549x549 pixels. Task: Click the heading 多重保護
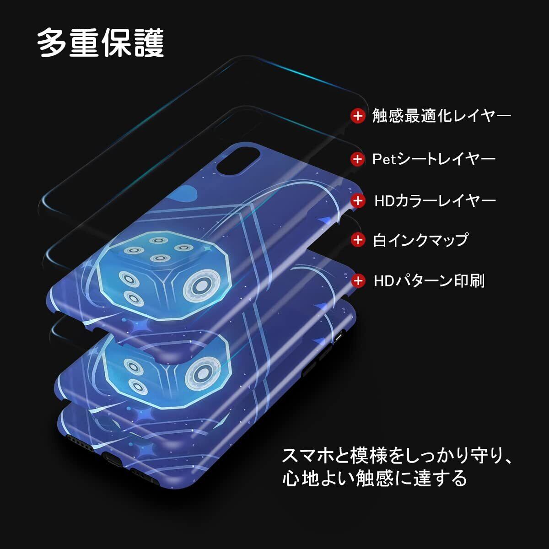(x=100, y=43)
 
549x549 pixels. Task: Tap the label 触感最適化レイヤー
(x=441, y=116)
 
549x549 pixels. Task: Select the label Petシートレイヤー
(x=434, y=159)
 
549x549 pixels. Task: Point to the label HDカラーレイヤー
(x=435, y=200)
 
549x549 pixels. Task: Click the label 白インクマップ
(x=420, y=239)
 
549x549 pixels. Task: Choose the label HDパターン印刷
(x=429, y=280)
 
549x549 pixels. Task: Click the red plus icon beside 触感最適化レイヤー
(x=357, y=116)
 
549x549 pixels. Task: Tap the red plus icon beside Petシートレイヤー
(x=357, y=159)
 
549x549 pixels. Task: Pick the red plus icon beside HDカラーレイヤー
(x=357, y=200)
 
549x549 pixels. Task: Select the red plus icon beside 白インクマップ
(x=357, y=239)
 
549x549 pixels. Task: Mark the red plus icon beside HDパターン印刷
(x=357, y=280)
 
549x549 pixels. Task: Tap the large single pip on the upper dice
(x=200, y=286)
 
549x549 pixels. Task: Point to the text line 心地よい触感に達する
(x=374, y=478)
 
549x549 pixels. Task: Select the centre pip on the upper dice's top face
(x=159, y=258)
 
